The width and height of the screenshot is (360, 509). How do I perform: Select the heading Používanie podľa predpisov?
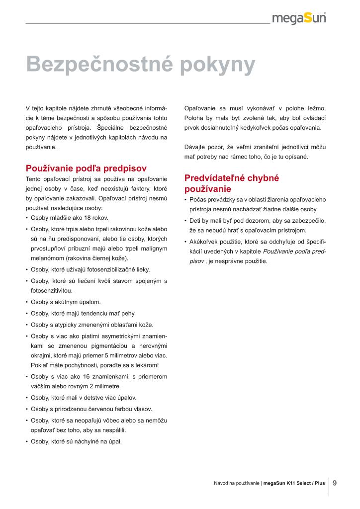86,168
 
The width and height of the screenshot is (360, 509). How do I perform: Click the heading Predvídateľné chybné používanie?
232,183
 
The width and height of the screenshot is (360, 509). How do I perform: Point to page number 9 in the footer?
335,482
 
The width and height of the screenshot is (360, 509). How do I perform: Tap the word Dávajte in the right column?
195,148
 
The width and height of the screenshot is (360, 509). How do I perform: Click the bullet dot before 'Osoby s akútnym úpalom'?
26,302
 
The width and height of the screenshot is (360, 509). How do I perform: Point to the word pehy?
129,314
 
